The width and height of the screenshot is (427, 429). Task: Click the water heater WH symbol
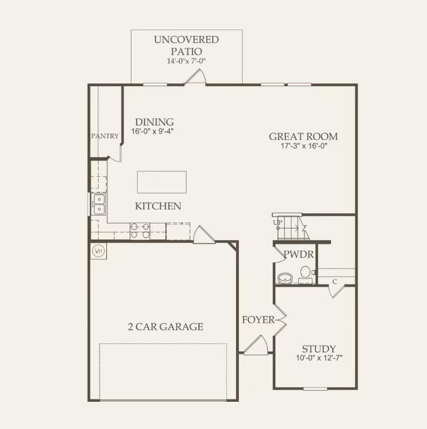click(99, 251)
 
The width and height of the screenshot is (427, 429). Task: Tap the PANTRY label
click(105, 136)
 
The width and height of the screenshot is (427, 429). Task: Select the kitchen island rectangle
click(162, 182)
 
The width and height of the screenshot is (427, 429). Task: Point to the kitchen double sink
click(99, 204)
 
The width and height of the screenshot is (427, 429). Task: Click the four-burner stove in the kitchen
click(139, 231)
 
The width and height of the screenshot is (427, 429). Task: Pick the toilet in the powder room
click(305, 273)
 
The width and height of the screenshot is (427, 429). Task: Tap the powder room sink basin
click(285, 277)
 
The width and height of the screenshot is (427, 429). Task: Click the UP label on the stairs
click(278, 222)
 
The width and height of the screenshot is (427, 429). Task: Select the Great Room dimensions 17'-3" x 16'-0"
click(304, 147)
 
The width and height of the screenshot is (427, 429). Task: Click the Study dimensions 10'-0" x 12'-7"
click(319, 358)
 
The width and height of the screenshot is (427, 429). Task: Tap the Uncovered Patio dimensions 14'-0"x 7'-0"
click(187, 61)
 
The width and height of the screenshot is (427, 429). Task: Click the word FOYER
click(258, 320)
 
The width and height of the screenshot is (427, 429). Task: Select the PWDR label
click(299, 255)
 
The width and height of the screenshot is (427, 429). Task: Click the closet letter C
click(334, 282)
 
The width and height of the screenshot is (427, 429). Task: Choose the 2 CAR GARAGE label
click(165, 326)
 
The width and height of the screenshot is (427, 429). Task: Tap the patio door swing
click(195, 77)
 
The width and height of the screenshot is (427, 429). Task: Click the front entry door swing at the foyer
click(256, 346)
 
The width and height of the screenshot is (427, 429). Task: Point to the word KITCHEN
click(158, 206)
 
